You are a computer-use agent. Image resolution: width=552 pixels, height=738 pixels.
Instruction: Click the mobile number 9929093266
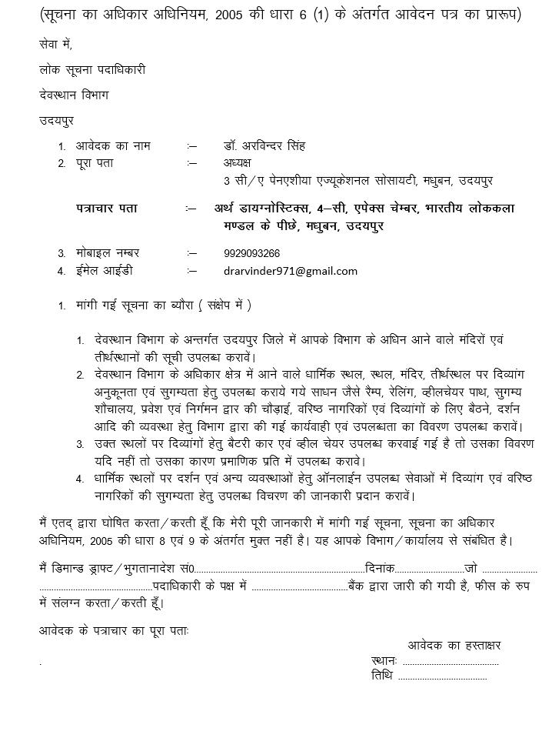pyautogui.click(x=251, y=253)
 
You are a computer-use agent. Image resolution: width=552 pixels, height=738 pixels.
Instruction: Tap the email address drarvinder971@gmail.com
pyautogui.click(x=290, y=271)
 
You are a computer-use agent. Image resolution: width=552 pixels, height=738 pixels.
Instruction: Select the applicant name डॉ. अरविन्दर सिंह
pyautogui.click(x=264, y=145)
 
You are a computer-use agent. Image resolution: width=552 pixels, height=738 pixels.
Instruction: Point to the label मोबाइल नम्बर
pyautogui.click(x=108, y=253)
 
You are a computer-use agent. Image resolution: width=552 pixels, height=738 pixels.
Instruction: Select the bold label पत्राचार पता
pyautogui.click(x=107, y=209)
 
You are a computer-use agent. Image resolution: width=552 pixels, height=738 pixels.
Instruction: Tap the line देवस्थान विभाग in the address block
pyautogui.click(x=74, y=95)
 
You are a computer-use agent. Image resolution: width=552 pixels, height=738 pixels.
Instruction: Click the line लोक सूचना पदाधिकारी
pyautogui.click(x=92, y=69)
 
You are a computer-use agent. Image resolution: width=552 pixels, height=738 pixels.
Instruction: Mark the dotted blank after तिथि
pyautogui.click(x=442, y=676)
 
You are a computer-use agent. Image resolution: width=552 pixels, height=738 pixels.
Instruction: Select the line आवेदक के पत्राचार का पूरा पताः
pyautogui.click(x=113, y=630)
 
